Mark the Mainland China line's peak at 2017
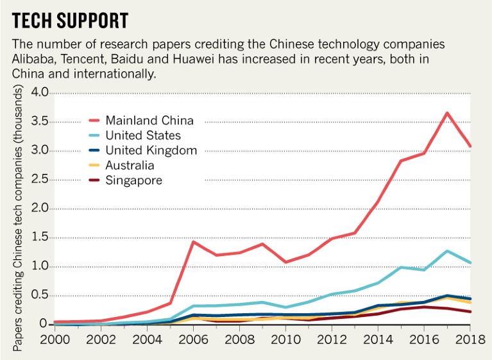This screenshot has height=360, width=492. [447, 113]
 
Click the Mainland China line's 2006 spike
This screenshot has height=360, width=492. [193, 242]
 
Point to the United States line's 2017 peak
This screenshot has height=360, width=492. [447, 251]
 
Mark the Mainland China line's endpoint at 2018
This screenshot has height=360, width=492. [470, 146]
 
